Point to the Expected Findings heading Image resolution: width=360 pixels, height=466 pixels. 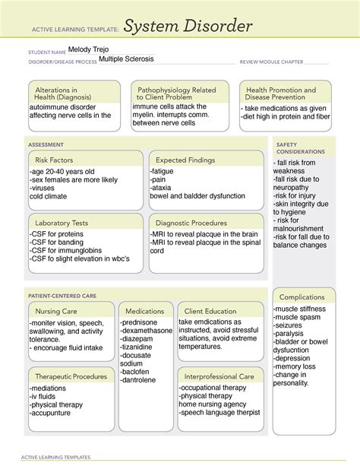coord(186,160)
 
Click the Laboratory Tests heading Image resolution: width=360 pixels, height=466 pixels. coord(62,223)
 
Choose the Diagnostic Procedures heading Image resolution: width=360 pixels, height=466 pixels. coord(193,223)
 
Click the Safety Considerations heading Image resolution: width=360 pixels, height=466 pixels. coord(301,147)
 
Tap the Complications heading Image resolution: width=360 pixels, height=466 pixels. coord(303,296)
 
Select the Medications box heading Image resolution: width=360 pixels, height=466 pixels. coord(144,311)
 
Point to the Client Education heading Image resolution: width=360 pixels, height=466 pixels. coord(210,311)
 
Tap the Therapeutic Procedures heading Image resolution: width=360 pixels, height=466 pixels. coord(68,376)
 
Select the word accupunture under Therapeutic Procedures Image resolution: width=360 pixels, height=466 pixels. coord(57,414)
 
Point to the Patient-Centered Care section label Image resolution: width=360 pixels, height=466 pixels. coord(62,293)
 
